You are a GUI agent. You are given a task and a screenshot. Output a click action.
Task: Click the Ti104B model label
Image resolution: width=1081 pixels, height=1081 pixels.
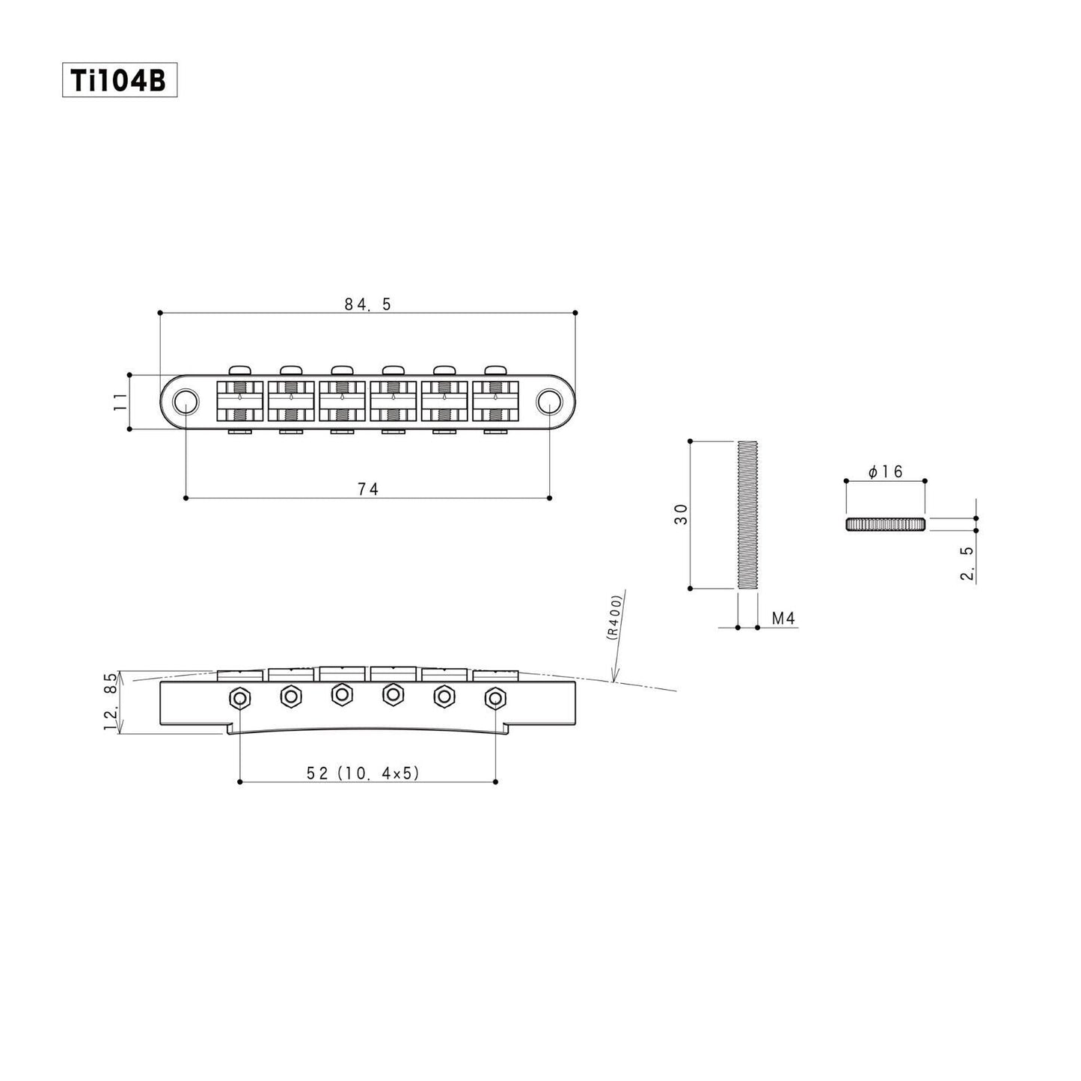[119, 80]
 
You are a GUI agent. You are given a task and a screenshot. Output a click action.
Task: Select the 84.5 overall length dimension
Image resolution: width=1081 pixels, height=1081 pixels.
[367, 304]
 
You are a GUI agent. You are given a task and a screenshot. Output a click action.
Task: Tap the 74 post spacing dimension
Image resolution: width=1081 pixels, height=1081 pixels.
[367, 489]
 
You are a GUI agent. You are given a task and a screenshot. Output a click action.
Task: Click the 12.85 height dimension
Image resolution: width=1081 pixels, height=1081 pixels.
[111, 702]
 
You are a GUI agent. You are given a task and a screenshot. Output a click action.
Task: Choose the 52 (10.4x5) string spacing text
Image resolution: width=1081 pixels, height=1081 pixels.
[363, 774]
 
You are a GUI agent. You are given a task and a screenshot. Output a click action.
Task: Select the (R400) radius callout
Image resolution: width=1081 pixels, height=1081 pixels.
[614, 617]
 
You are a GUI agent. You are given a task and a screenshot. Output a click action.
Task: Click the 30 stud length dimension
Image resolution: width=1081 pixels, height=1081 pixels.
[681, 514]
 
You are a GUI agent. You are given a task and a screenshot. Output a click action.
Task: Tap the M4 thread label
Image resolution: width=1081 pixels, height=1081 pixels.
[783, 619]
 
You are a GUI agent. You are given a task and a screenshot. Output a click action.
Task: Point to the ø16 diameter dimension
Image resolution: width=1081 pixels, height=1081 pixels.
[886, 472]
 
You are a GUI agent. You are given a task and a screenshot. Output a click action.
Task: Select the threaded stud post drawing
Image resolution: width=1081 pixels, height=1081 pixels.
[747, 515]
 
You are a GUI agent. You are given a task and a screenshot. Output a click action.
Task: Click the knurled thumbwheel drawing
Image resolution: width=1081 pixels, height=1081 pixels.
[886, 524]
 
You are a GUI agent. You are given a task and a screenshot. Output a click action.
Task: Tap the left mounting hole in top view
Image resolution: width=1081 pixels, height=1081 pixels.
[185, 402]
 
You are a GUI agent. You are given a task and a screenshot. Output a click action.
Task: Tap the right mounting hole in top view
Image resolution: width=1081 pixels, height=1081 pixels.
[549, 402]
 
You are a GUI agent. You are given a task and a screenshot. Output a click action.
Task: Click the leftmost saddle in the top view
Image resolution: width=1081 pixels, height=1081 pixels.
[239, 402]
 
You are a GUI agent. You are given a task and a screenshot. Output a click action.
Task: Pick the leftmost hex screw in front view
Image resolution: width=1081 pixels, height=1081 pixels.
[239, 699]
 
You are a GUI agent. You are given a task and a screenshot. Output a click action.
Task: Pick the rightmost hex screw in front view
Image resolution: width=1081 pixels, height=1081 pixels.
[494, 699]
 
